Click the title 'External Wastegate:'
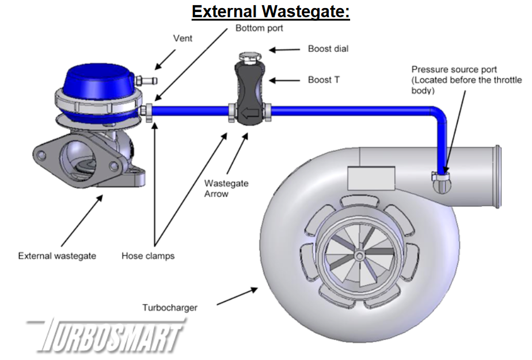(271, 12)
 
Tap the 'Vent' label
(183, 39)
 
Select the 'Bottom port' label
(259, 28)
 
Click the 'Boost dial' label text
(328, 49)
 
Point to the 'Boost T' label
(323, 79)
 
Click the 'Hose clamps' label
(147, 256)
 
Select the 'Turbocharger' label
(169, 308)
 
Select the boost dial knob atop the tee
(248, 57)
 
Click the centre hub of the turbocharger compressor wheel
(359, 255)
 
